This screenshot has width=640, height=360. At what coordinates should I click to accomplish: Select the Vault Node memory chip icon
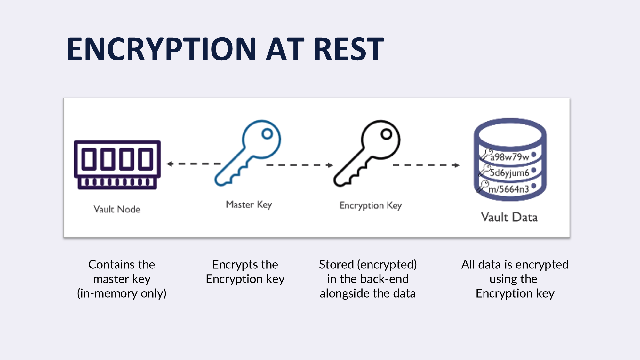coord(117,164)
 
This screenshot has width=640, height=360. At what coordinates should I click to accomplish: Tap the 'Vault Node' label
coord(117,209)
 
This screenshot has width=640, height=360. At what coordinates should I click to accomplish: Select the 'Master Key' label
coord(249,204)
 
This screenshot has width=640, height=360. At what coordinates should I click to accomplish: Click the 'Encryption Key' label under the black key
coord(371,205)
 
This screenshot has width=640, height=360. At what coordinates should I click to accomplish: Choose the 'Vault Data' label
coord(509,217)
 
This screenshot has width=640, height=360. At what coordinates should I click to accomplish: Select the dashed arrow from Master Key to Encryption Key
coord(299,165)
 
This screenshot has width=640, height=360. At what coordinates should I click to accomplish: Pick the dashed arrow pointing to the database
coord(426,165)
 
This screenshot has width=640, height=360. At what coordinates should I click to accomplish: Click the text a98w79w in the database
coord(509,157)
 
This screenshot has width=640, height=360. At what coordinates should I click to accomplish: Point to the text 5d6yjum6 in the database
coord(509,173)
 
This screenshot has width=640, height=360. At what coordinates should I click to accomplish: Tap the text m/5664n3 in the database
coord(509,189)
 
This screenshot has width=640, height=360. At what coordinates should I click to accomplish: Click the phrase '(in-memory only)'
coord(122,293)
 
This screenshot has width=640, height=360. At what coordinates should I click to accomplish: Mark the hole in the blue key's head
coord(267,134)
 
